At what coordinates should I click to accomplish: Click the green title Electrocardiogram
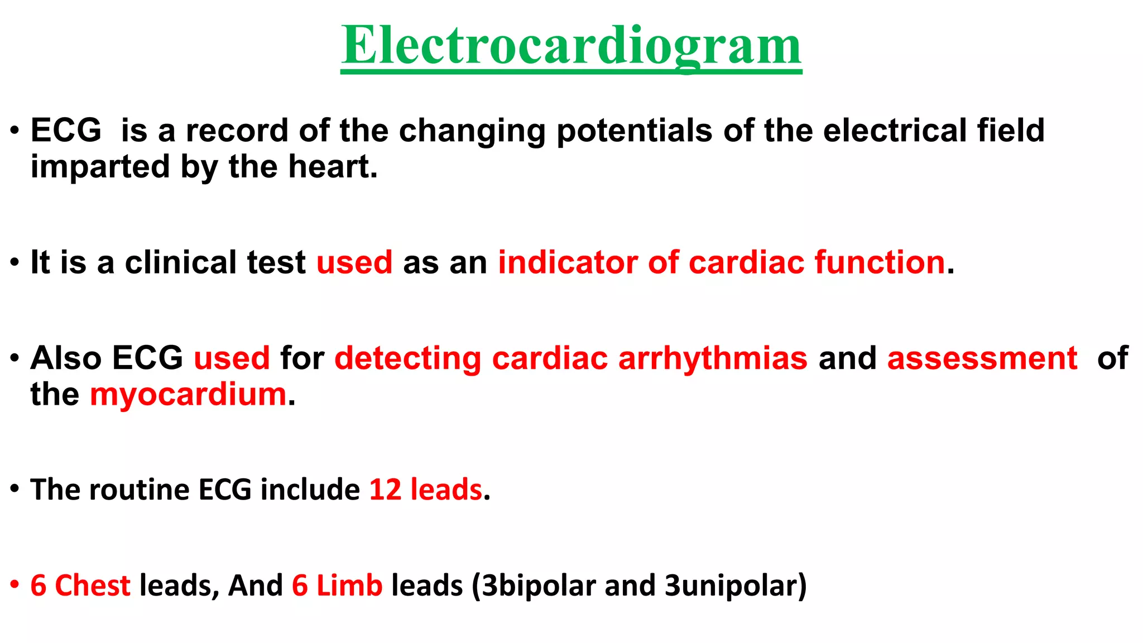(571, 46)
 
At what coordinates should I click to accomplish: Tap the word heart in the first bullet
(331, 167)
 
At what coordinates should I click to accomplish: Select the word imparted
(100, 167)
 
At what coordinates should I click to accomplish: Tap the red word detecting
(407, 358)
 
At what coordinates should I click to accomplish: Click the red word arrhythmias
(713, 358)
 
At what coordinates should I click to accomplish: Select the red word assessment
(982, 358)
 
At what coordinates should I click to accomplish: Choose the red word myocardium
(188, 395)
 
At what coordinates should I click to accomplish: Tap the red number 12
(385, 490)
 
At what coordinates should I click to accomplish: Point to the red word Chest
(93, 586)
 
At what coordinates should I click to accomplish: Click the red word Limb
(349, 586)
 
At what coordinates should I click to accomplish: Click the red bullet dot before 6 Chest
(15, 584)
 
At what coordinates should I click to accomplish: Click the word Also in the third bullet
(66, 358)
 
